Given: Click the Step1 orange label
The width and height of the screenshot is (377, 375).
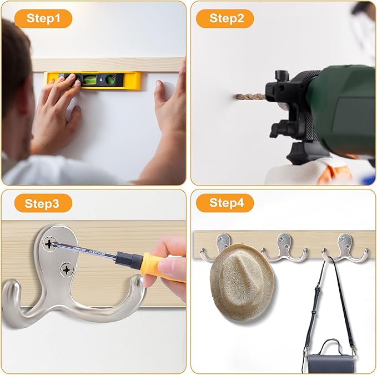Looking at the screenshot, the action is [x=43, y=18].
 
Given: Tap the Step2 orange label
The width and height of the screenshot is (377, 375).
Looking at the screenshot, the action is [x=225, y=18].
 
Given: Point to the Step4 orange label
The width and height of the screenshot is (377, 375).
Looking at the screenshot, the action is [x=225, y=203].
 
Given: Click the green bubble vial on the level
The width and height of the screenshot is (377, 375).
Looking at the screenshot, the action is [x=90, y=81].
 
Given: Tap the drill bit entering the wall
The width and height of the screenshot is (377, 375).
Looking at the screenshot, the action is [x=250, y=97].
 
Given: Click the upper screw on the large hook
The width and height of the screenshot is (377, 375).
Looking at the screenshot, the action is [x=49, y=244].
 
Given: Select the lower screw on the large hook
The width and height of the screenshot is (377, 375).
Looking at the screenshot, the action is [x=67, y=269].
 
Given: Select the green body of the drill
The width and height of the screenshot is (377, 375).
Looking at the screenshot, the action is [x=344, y=106].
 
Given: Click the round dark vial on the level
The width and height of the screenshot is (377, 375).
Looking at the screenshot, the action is [x=110, y=79].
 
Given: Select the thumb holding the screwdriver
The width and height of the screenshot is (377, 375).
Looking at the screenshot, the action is [x=168, y=265].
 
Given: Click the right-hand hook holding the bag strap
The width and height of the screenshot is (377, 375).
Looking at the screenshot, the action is [x=345, y=249].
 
